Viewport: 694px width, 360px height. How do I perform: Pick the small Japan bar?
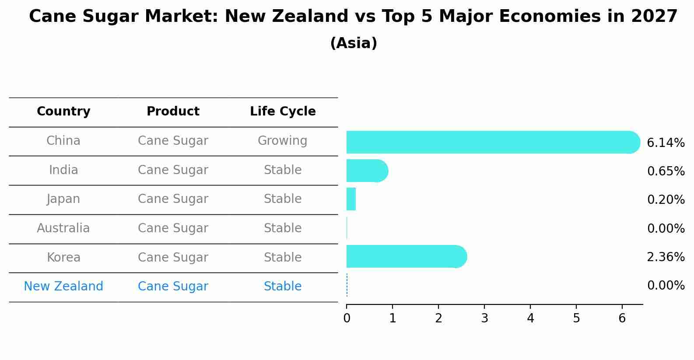coord(351,199)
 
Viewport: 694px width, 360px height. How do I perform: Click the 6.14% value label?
coord(666,143)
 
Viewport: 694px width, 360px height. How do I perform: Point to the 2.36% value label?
coord(666,257)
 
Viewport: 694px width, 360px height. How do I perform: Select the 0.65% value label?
coord(666,171)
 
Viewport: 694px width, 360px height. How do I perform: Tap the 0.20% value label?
coord(666,200)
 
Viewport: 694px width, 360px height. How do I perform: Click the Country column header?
coord(63,112)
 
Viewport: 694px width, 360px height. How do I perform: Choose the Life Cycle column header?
coord(283,112)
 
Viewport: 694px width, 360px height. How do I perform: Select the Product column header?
coord(173,112)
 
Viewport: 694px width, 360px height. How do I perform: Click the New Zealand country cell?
coord(63,287)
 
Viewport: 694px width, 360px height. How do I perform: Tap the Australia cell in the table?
coord(63,228)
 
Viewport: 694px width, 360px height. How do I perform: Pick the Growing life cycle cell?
coord(283,141)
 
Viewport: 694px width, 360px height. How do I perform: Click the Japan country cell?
coord(63,199)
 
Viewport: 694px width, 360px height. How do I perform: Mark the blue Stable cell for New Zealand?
coord(283,287)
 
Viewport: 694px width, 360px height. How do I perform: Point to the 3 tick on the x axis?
coord(484,318)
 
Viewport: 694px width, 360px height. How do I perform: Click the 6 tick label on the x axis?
coord(622,318)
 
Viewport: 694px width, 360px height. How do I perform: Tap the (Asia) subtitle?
coord(354,43)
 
